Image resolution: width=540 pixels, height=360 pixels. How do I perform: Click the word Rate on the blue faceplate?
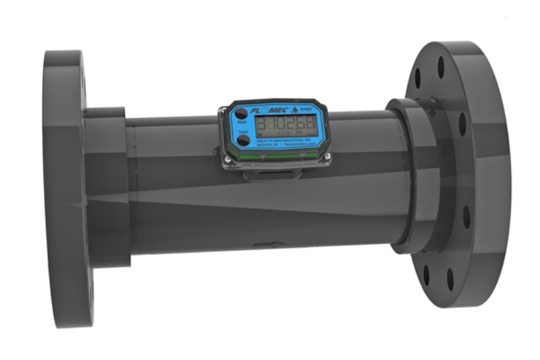click(242, 123)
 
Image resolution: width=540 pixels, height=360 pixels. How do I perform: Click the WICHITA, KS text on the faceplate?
click(273, 145)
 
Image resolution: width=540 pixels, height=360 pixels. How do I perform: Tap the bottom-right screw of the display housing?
click(327, 158)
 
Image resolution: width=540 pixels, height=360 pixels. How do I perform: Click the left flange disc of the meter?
click(64, 189)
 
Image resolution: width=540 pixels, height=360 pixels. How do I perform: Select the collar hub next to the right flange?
click(412, 176)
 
